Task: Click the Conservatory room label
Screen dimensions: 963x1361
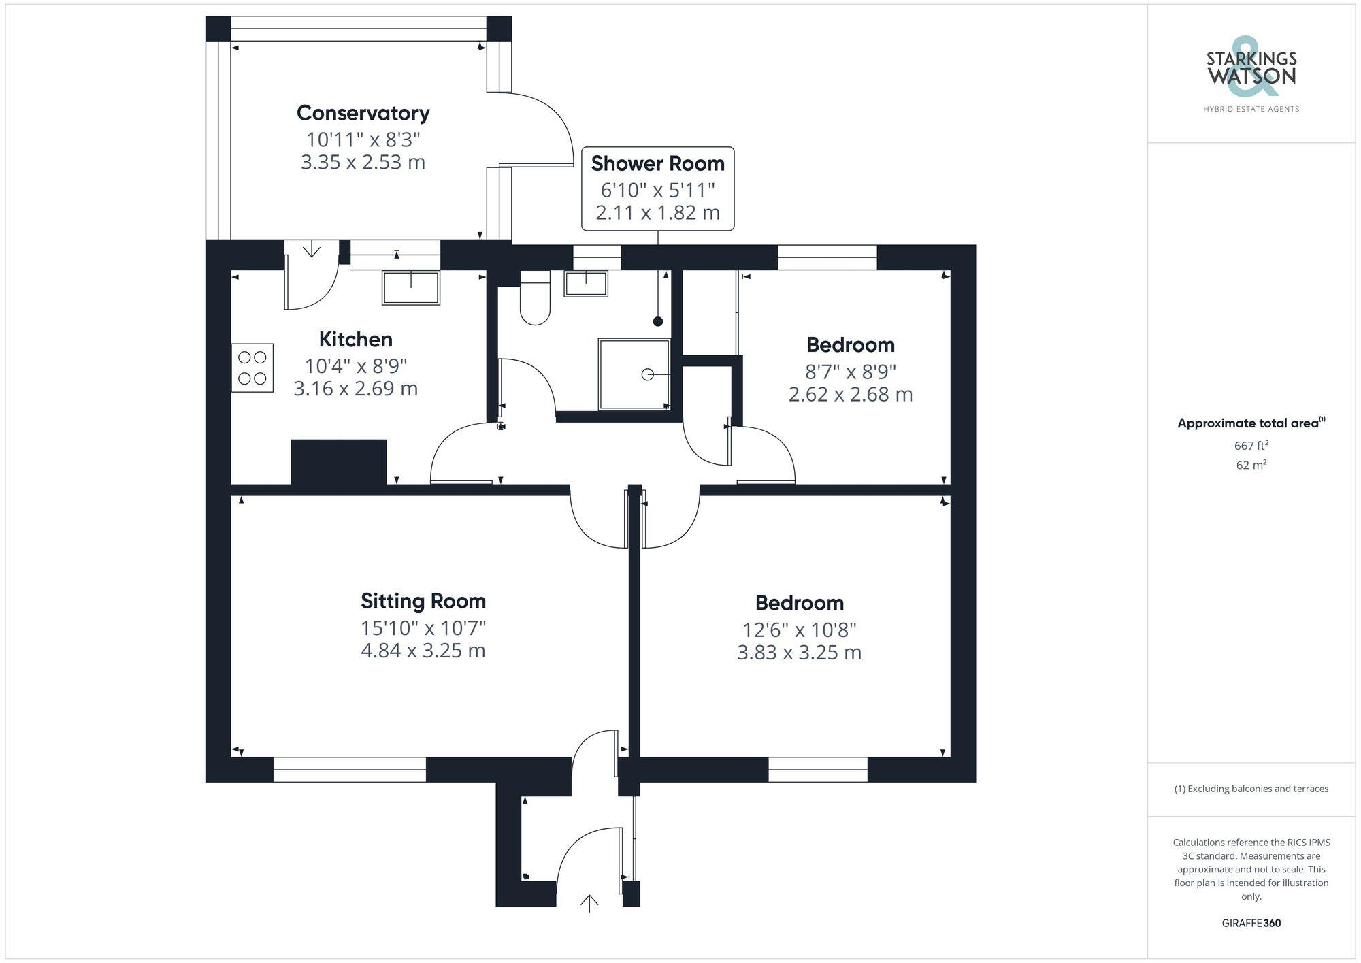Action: pyautogui.click(x=363, y=113)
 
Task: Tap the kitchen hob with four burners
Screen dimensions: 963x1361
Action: pyautogui.click(x=252, y=368)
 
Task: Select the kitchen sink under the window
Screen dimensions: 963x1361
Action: pyautogui.click(x=410, y=287)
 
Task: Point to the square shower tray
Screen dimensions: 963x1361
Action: pyautogui.click(x=634, y=374)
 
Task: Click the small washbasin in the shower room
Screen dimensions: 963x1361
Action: pyautogui.click(x=585, y=283)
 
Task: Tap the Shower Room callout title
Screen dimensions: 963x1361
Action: pyautogui.click(x=657, y=163)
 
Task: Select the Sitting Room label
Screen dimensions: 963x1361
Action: pyautogui.click(x=423, y=601)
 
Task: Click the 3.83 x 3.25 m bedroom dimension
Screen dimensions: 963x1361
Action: pyautogui.click(x=799, y=653)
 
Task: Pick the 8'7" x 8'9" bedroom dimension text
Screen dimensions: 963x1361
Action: pyautogui.click(x=850, y=372)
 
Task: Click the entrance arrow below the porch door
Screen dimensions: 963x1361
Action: pyautogui.click(x=589, y=903)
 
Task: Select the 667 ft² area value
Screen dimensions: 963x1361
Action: pyautogui.click(x=1251, y=446)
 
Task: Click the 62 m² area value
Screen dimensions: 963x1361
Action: pyautogui.click(x=1251, y=466)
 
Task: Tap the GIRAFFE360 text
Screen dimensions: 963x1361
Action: pyautogui.click(x=1251, y=924)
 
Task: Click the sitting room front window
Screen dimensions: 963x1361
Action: pyautogui.click(x=349, y=770)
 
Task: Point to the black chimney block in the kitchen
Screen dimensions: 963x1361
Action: pyautogui.click(x=339, y=462)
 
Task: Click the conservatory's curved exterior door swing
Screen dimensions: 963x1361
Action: pyautogui.click(x=544, y=129)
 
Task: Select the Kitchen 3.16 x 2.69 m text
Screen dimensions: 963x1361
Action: pyautogui.click(x=355, y=389)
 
